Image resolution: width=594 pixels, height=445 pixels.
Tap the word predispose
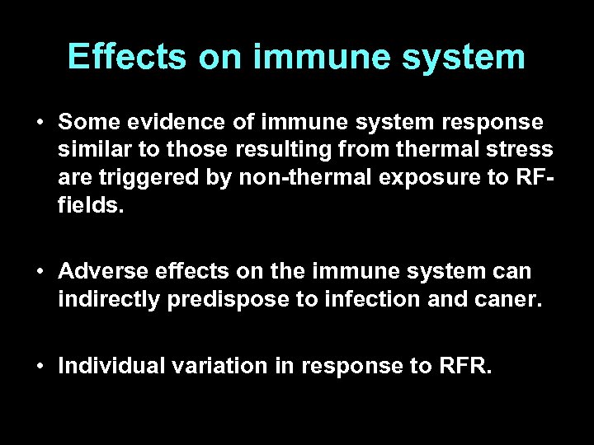(218, 297)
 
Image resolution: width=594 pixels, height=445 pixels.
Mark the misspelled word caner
(505, 297)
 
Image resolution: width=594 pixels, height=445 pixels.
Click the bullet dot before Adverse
(40, 271)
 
